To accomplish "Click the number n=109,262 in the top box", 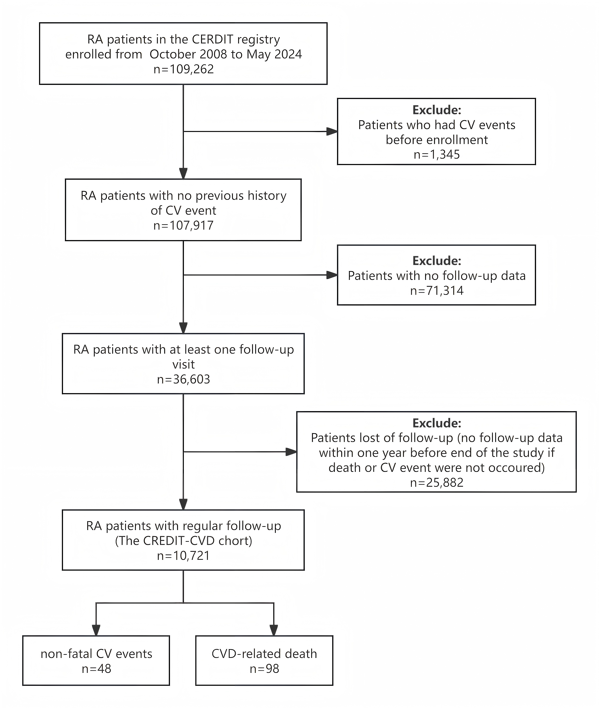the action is point(183,69).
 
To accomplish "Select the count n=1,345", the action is point(437,155).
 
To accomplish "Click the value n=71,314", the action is point(437,291).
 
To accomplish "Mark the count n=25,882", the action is point(437,483).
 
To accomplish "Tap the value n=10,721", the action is point(183,556).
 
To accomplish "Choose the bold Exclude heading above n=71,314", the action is point(437,261).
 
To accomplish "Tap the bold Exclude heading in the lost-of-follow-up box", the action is point(437,423).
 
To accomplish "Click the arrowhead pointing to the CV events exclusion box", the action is point(332,132).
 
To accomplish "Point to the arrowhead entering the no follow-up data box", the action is point(332,275).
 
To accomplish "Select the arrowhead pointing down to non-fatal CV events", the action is point(96,630).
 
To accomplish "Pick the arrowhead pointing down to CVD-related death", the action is point(274,630).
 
